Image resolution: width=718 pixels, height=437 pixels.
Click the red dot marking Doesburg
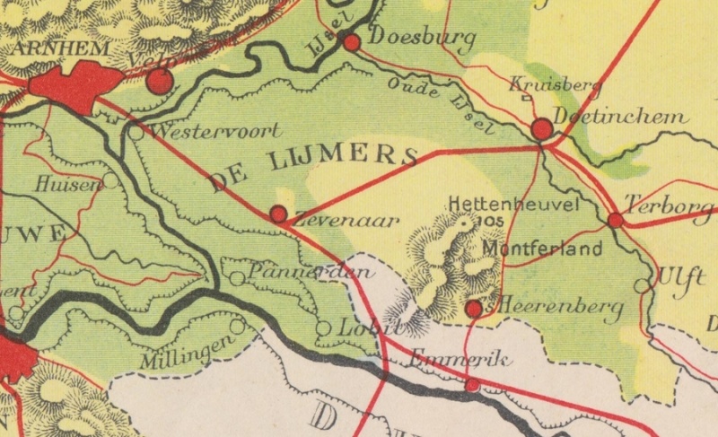352,41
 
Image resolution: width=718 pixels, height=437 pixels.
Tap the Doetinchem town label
621,118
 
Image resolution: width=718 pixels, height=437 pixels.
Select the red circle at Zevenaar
278,214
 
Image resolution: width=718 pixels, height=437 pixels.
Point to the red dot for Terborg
615,219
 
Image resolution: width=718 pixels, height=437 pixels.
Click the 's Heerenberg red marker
473,309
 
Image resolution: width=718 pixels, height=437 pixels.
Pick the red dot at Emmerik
472,385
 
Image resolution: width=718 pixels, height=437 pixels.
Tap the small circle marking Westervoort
135,132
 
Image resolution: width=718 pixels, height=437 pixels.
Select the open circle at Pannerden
236,278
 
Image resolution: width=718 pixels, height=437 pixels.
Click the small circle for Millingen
237,327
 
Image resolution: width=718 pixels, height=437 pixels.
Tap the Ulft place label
681,276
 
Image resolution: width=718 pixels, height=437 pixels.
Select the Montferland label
541,248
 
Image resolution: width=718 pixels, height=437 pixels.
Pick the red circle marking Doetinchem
542,130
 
